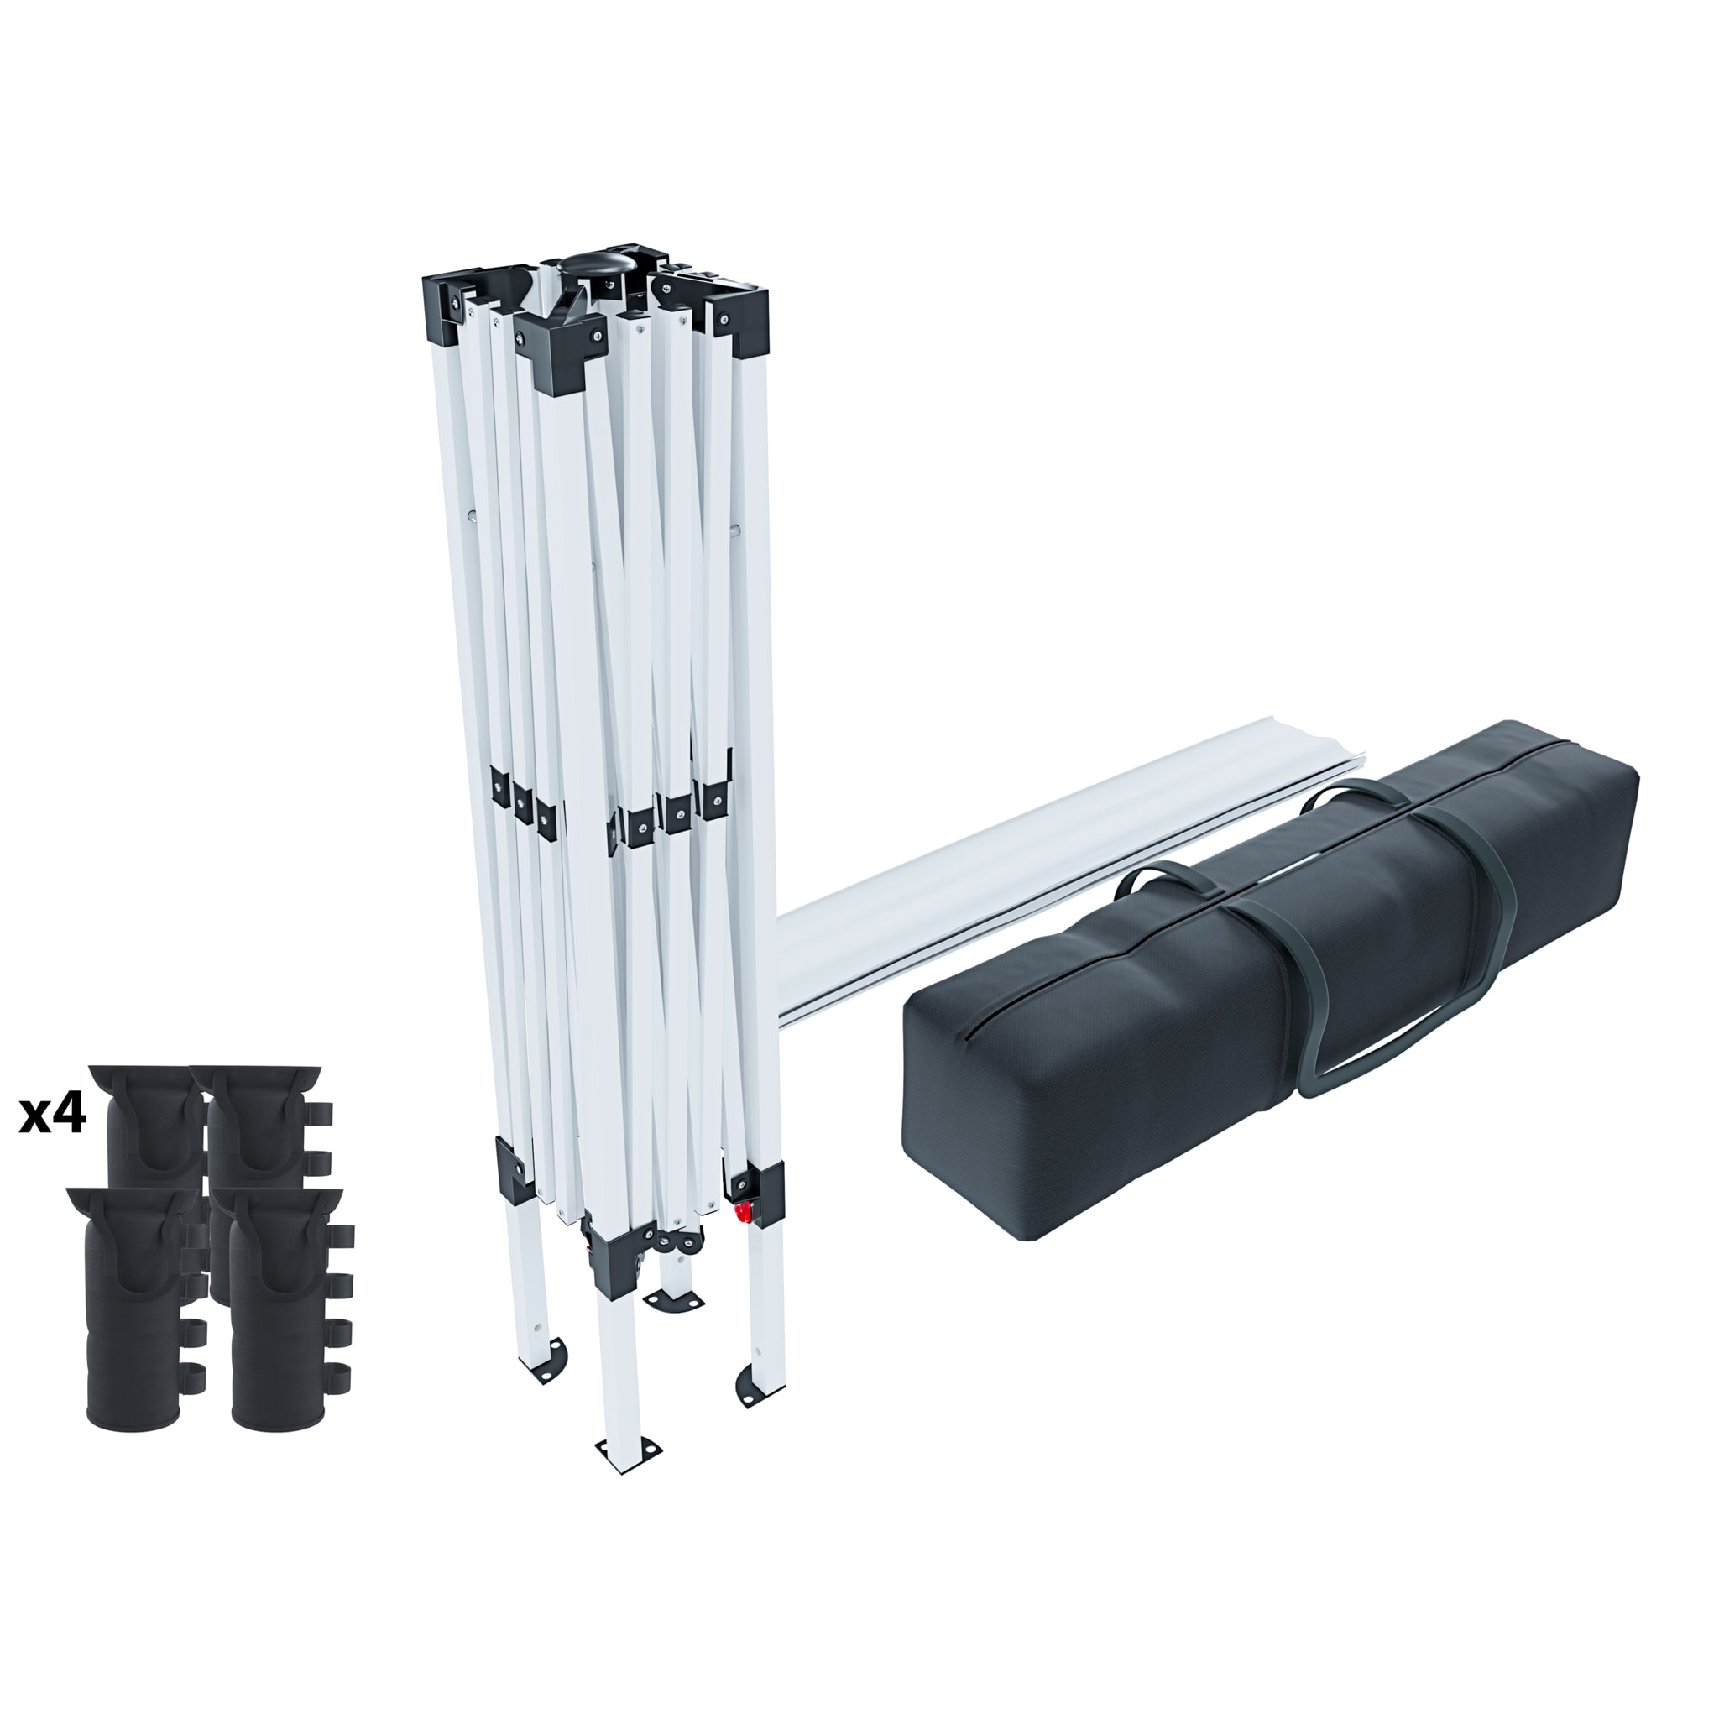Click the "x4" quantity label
point(53,1114)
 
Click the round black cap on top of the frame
point(593,268)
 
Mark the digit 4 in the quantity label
point(69,1114)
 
